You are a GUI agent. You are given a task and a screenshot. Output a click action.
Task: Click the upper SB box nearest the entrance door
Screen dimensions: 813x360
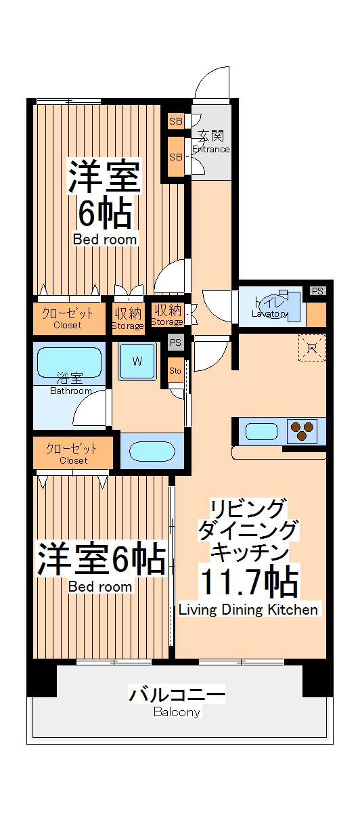[x=175, y=122]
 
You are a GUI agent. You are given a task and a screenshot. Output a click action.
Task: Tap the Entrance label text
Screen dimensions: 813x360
[x=211, y=150]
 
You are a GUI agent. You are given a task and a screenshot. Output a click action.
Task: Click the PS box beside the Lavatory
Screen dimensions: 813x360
[x=317, y=291]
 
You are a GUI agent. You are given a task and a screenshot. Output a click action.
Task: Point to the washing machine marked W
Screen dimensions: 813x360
[x=137, y=361]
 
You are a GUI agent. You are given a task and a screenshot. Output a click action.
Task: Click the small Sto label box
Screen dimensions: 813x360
[x=175, y=371]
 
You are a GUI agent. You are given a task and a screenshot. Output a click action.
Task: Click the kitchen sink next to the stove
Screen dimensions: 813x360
[x=261, y=431]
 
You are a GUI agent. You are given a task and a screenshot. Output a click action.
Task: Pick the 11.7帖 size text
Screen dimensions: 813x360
[x=248, y=581]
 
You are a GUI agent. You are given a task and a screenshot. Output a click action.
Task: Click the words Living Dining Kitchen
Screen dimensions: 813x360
[x=248, y=610]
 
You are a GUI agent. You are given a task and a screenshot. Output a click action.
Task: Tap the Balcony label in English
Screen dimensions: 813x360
[x=177, y=712]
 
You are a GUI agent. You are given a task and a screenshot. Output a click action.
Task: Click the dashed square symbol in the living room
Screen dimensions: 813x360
[x=311, y=348]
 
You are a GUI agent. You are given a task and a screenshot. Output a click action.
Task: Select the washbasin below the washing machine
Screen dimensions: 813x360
[x=152, y=452]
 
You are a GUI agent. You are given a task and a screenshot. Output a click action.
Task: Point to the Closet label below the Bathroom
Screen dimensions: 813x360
[x=73, y=460]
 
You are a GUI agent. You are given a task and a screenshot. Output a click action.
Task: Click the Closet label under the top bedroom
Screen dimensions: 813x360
[x=68, y=325]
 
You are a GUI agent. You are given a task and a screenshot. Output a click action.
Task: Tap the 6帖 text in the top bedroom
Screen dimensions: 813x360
[x=105, y=215]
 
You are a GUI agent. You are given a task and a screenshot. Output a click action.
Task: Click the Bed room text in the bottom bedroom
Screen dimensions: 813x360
[x=100, y=587]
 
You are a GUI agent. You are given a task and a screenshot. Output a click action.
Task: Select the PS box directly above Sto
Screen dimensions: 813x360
[x=175, y=343]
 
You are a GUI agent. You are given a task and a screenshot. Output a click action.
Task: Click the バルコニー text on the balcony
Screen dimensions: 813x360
[x=177, y=695]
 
